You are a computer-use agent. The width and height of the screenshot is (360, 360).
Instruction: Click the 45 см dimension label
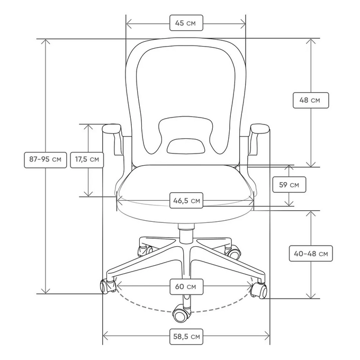click(186, 23)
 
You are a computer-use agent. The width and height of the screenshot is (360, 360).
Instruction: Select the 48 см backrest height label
click(311, 101)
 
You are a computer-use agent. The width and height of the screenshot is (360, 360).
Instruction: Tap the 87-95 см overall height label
click(46, 160)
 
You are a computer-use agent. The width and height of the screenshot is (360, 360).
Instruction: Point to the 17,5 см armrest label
click(87, 160)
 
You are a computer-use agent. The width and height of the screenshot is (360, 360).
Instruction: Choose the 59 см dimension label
click(289, 185)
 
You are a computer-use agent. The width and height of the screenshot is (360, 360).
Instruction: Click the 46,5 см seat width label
click(186, 201)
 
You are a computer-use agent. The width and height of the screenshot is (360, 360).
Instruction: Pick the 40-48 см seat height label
click(311, 254)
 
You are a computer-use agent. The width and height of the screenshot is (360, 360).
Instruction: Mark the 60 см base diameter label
click(186, 287)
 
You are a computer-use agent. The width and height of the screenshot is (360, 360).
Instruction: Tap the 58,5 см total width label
click(186, 337)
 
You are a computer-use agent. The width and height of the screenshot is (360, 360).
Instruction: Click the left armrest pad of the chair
click(112, 129)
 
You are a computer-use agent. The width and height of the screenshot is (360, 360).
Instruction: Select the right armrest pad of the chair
click(259, 129)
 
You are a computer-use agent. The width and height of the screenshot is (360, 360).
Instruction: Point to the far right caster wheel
click(259, 291)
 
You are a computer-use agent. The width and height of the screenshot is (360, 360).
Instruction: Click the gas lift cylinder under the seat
click(186, 233)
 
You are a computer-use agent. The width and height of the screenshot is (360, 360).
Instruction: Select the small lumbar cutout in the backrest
click(186, 146)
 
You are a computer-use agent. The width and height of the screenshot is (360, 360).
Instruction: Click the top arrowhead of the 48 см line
click(311, 41)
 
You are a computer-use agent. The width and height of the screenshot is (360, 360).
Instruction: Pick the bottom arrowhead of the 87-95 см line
click(46, 291)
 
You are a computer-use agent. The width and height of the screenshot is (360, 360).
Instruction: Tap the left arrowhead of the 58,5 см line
click(105, 337)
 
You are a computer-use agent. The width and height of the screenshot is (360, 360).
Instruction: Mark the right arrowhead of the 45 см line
click(243, 24)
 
